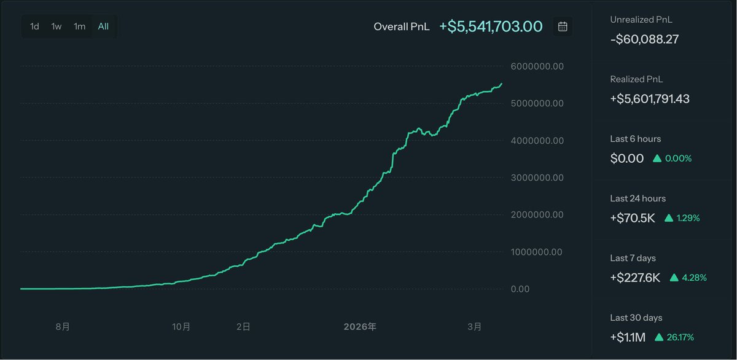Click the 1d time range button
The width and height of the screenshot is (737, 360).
[x=35, y=26]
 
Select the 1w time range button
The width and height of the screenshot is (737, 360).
[x=57, y=26]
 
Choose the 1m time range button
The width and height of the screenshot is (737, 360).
[x=80, y=26]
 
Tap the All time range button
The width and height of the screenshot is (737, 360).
[x=103, y=26]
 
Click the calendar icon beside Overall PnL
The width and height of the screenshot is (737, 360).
[x=563, y=26]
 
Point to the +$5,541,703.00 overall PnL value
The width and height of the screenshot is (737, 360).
[x=491, y=26]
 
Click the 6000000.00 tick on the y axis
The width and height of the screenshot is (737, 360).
[x=537, y=66]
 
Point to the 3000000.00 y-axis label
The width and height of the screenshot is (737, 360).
[x=537, y=178]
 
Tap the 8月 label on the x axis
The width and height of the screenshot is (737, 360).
[x=62, y=327]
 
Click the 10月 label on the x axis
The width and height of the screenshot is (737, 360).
[x=181, y=327]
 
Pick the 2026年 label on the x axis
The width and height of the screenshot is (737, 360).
[x=359, y=327]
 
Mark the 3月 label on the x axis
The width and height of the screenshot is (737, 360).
[x=474, y=327]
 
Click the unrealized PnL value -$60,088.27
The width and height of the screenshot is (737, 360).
[x=644, y=39]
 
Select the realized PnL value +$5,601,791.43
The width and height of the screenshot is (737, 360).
[x=650, y=99]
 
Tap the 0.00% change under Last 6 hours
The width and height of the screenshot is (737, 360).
[x=678, y=158]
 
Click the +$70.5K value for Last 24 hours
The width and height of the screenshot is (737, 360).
[x=633, y=218]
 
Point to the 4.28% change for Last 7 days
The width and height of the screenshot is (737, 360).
[x=695, y=278]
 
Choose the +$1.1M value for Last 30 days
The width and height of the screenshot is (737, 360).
[x=628, y=337]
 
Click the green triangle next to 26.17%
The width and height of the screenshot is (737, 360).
[x=659, y=337]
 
